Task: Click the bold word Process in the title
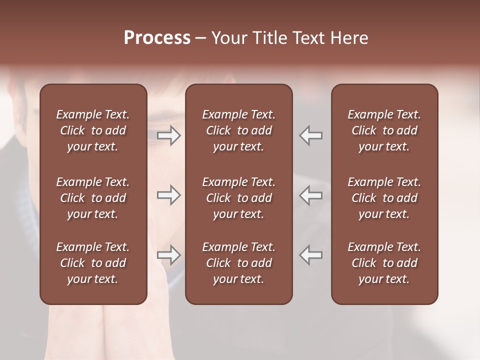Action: point(157,38)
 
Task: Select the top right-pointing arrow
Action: point(169,135)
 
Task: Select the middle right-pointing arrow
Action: point(169,195)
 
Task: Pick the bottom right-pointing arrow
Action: point(169,255)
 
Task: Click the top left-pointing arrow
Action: point(311,135)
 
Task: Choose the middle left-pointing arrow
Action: point(311,195)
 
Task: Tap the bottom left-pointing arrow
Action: point(311,255)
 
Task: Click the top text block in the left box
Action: point(93,130)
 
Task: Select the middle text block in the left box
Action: point(93,198)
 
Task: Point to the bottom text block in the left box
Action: point(93,263)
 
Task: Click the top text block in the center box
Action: point(238,130)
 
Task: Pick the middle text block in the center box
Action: point(238,198)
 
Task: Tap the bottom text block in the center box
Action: point(238,263)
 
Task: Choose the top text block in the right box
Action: point(384,130)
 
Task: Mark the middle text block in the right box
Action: point(384,198)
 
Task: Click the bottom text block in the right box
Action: point(384,263)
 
